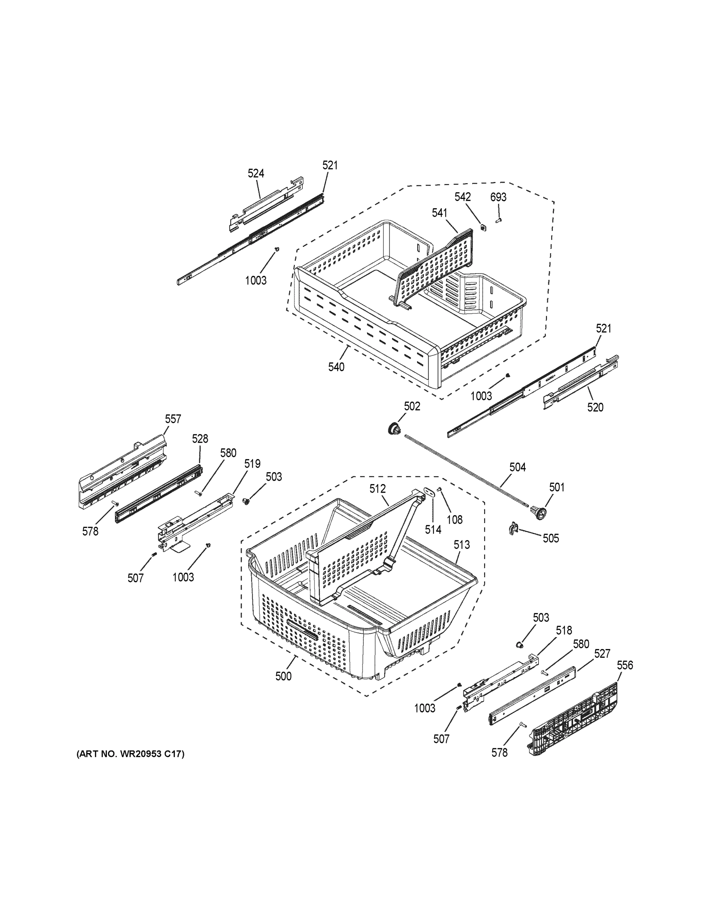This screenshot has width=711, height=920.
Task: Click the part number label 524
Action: click(x=256, y=173)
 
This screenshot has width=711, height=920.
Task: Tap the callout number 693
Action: click(x=498, y=197)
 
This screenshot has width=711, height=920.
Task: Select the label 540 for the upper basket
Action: click(x=336, y=367)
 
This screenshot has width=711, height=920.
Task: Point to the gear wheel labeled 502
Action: click(x=395, y=429)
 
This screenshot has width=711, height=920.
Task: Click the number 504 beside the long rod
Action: click(x=518, y=467)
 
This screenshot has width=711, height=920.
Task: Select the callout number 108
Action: click(x=455, y=520)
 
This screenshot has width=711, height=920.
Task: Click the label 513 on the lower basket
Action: click(x=461, y=545)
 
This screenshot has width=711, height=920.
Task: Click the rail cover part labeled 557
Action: click(x=122, y=472)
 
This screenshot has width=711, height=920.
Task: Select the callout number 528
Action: click(x=200, y=439)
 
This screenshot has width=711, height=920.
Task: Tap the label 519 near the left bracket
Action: click(x=252, y=464)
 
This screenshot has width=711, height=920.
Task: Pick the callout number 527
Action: click(x=602, y=654)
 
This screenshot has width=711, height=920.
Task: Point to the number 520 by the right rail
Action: click(x=595, y=407)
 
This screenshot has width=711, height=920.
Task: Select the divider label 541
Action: click(x=439, y=213)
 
